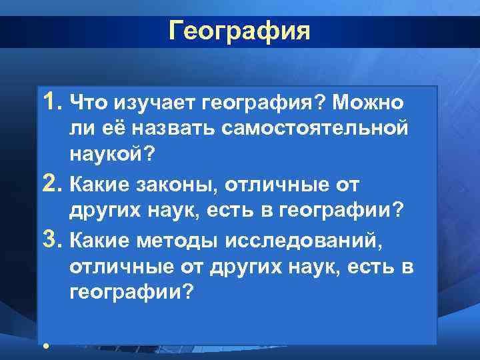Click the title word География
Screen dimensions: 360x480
pos(239,31)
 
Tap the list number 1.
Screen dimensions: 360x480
pos(53,101)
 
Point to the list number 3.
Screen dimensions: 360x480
pos(53,237)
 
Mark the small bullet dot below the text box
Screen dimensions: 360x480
pos(45,346)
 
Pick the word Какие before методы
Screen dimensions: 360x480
pos(103,238)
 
